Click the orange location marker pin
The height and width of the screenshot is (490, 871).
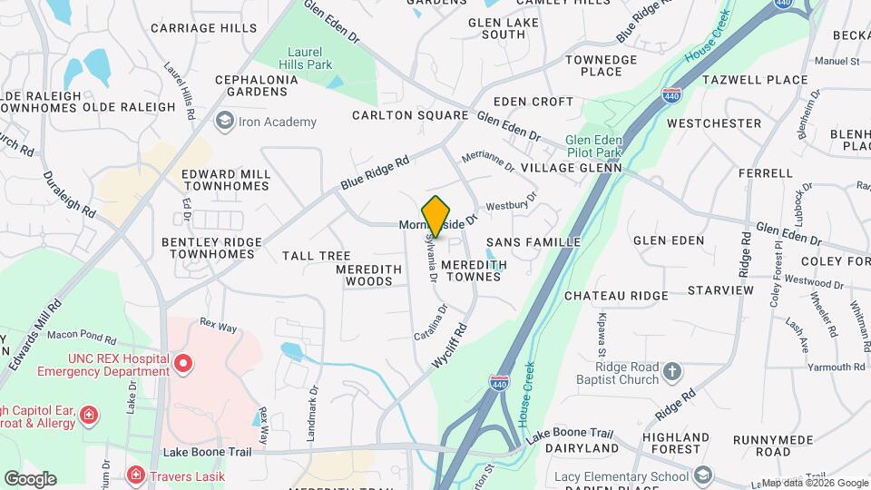436,216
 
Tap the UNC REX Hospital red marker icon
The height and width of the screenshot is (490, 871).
183,364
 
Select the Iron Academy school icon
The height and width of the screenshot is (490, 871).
223,121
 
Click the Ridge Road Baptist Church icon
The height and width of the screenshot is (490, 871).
671,371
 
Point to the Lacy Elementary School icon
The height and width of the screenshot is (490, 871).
702,475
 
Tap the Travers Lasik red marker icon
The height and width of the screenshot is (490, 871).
135,474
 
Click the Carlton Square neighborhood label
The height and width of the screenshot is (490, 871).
410,115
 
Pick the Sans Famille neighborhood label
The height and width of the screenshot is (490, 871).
533,242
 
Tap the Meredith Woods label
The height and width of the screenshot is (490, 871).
368,275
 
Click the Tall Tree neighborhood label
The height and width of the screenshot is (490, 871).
316,256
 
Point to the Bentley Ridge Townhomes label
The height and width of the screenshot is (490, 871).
211,248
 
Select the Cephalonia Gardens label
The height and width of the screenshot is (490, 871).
257,85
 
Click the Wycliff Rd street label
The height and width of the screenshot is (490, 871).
451,346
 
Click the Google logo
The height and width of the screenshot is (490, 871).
30,478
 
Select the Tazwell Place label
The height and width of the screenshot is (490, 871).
761,80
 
